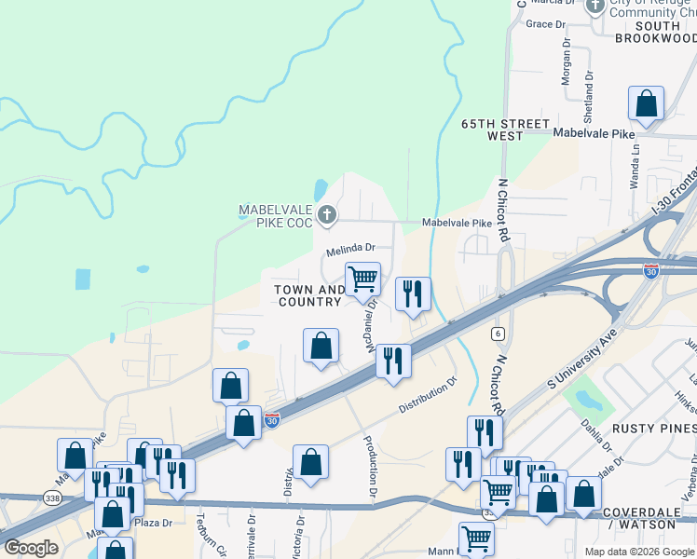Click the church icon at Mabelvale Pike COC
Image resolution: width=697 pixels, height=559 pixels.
click(x=326, y=216)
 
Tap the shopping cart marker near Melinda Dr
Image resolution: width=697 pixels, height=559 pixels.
click(x=362, y=278)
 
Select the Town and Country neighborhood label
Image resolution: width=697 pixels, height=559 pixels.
click(x=309, y=295)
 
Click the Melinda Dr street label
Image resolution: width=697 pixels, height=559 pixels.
click(x=350, y=250)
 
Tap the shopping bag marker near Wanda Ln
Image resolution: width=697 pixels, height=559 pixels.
click(x=646, y=105)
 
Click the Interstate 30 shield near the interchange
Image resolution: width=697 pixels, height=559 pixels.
click(x=651, y=271)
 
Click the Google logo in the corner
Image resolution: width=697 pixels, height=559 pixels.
click(x=31, y=547)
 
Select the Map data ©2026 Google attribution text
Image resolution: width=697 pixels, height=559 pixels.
click(x=638, y=552)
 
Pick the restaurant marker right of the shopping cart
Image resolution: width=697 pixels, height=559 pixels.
click(x=411, y=293)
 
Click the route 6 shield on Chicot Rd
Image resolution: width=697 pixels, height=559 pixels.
click(x=499, y=334)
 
